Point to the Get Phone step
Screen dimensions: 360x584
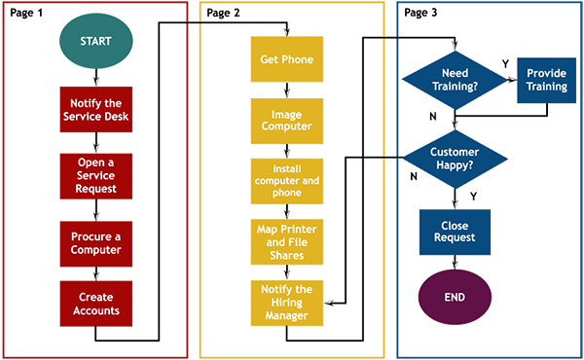point(287,59)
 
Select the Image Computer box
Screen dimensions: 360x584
point(287,119)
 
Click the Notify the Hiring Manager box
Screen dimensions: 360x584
point(287,303)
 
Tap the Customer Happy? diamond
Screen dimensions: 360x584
point(453,159)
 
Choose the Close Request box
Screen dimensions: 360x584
point(455,230)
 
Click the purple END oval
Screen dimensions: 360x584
point(455,298)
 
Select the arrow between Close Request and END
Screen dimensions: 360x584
point(455,263)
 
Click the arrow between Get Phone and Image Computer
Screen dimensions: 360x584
point(287,90)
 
